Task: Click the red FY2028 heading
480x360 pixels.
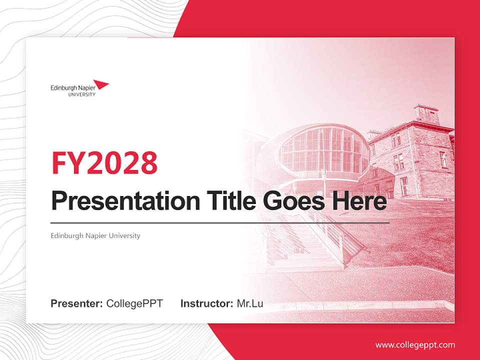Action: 104,162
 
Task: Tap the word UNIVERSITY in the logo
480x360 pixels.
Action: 81,94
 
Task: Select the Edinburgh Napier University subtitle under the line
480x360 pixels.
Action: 95,235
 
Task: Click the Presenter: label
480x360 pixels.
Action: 77,303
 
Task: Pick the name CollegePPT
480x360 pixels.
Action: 134,303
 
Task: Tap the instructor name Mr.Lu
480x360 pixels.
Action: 250,303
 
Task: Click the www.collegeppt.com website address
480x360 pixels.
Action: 415,345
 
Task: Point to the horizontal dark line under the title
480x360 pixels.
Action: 220,222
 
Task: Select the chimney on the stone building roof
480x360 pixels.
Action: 426,114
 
